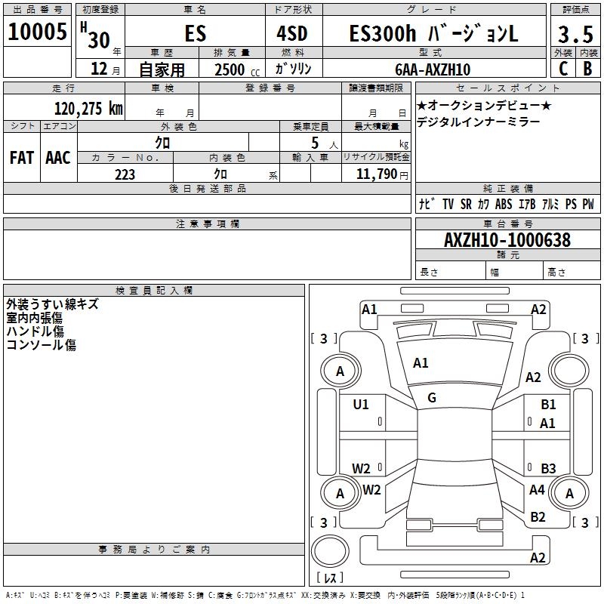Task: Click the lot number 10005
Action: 37,32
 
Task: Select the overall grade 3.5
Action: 575,34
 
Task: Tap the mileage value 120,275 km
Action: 88,109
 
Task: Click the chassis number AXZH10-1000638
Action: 507,240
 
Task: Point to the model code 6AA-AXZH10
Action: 433,69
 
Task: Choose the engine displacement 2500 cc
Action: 237,69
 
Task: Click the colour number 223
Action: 125,174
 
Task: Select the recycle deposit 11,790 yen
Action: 382,174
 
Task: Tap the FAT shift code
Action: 22,158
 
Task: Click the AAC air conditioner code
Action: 58,158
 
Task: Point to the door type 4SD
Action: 292,33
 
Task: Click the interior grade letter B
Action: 587,69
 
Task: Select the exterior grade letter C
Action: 563,69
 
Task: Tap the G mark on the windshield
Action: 432,398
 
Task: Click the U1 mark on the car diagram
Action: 361,405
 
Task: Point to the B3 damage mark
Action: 548,468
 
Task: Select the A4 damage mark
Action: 537,489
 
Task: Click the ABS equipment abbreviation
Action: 504,204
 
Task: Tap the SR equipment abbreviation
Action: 466,204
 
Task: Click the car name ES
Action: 196,33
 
